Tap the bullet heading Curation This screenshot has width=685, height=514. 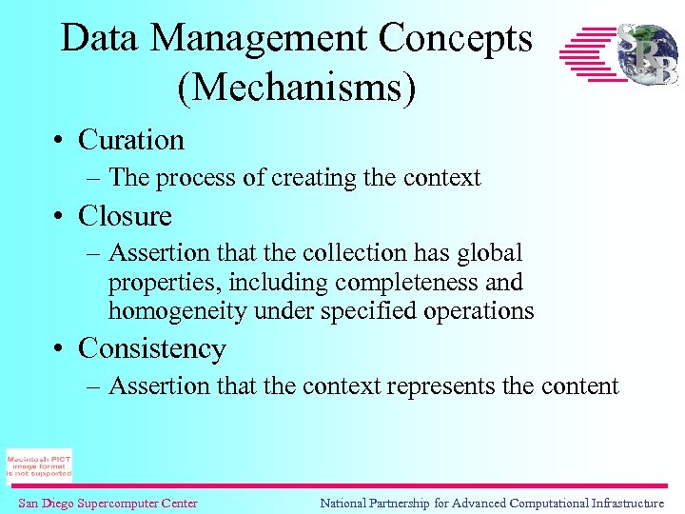(x=131, y=140)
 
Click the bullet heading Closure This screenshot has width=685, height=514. (x=125, y=216)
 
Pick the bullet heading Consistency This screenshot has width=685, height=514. (x=152, y=348)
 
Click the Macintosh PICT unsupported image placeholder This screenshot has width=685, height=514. (x=39, y=465)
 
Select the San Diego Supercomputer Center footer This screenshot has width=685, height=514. (x=108, y=504)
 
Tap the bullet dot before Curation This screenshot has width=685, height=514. (x=59, y=141)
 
